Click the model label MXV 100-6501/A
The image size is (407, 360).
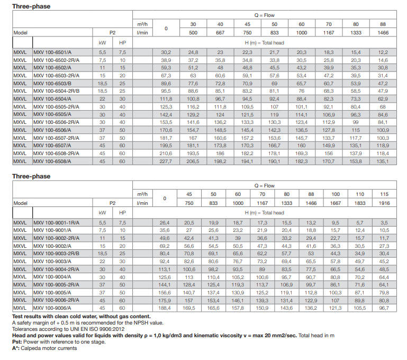pos(52,52)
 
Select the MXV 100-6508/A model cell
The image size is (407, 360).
pos(52,161)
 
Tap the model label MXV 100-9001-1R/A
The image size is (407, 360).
pos(55,223)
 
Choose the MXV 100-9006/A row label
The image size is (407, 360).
pos(52,308)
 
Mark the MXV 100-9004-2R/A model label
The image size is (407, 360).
pos(55,269)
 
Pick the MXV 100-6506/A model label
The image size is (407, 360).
pos(52,130)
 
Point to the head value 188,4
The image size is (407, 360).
pos(166,308)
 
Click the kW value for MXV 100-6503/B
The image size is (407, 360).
pos(103,84)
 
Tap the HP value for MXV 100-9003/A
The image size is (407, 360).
pos(123,262)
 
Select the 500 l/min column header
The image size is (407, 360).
pos(194,32)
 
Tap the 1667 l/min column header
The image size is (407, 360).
pos(336,203)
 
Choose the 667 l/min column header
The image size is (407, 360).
pos(220,32)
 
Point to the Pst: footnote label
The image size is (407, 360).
pos(16,341)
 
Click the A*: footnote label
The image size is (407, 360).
pos(16,348)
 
